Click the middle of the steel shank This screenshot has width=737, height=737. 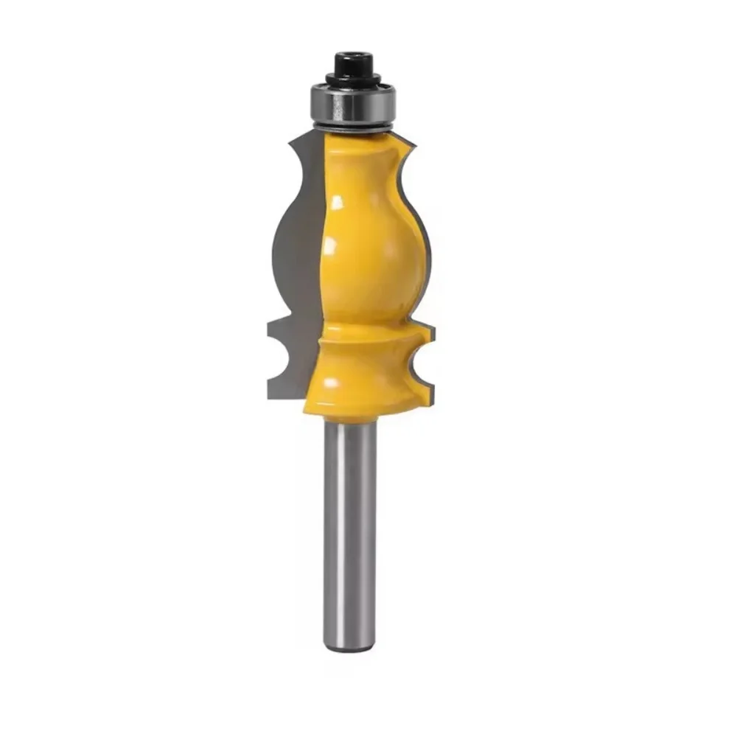point(351,531)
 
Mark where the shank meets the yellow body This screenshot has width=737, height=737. point(351,419)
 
